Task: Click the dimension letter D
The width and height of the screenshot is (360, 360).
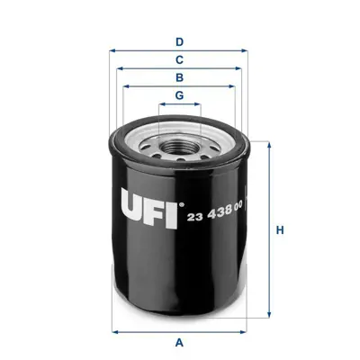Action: (179, 41)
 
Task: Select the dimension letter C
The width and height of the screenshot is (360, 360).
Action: (179, 59)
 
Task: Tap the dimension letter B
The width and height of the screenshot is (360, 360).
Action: (179, 77)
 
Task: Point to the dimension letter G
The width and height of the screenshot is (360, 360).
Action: (179, 95)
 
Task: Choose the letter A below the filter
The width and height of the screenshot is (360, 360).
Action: (179, 342)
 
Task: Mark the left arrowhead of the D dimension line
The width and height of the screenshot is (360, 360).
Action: (112, 51)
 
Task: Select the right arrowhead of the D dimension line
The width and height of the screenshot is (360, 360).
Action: (246, 51)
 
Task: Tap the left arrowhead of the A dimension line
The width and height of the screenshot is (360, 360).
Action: (112, 329)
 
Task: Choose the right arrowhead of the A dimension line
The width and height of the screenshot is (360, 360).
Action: (246, 329)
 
